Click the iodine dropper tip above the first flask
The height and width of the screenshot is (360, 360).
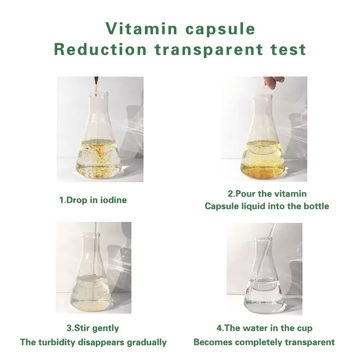96,84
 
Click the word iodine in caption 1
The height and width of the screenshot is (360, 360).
112,200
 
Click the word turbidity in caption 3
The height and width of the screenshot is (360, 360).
57,342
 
